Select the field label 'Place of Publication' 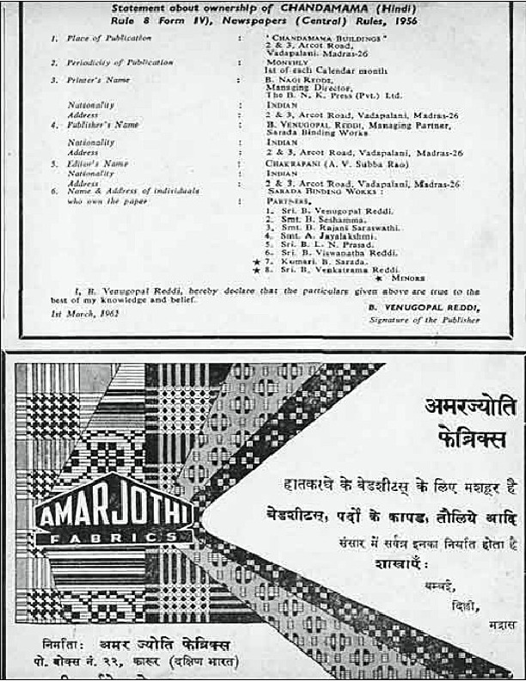pos(104,39)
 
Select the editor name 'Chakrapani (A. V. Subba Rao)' pos(331,163)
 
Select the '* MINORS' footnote pos(395,279)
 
